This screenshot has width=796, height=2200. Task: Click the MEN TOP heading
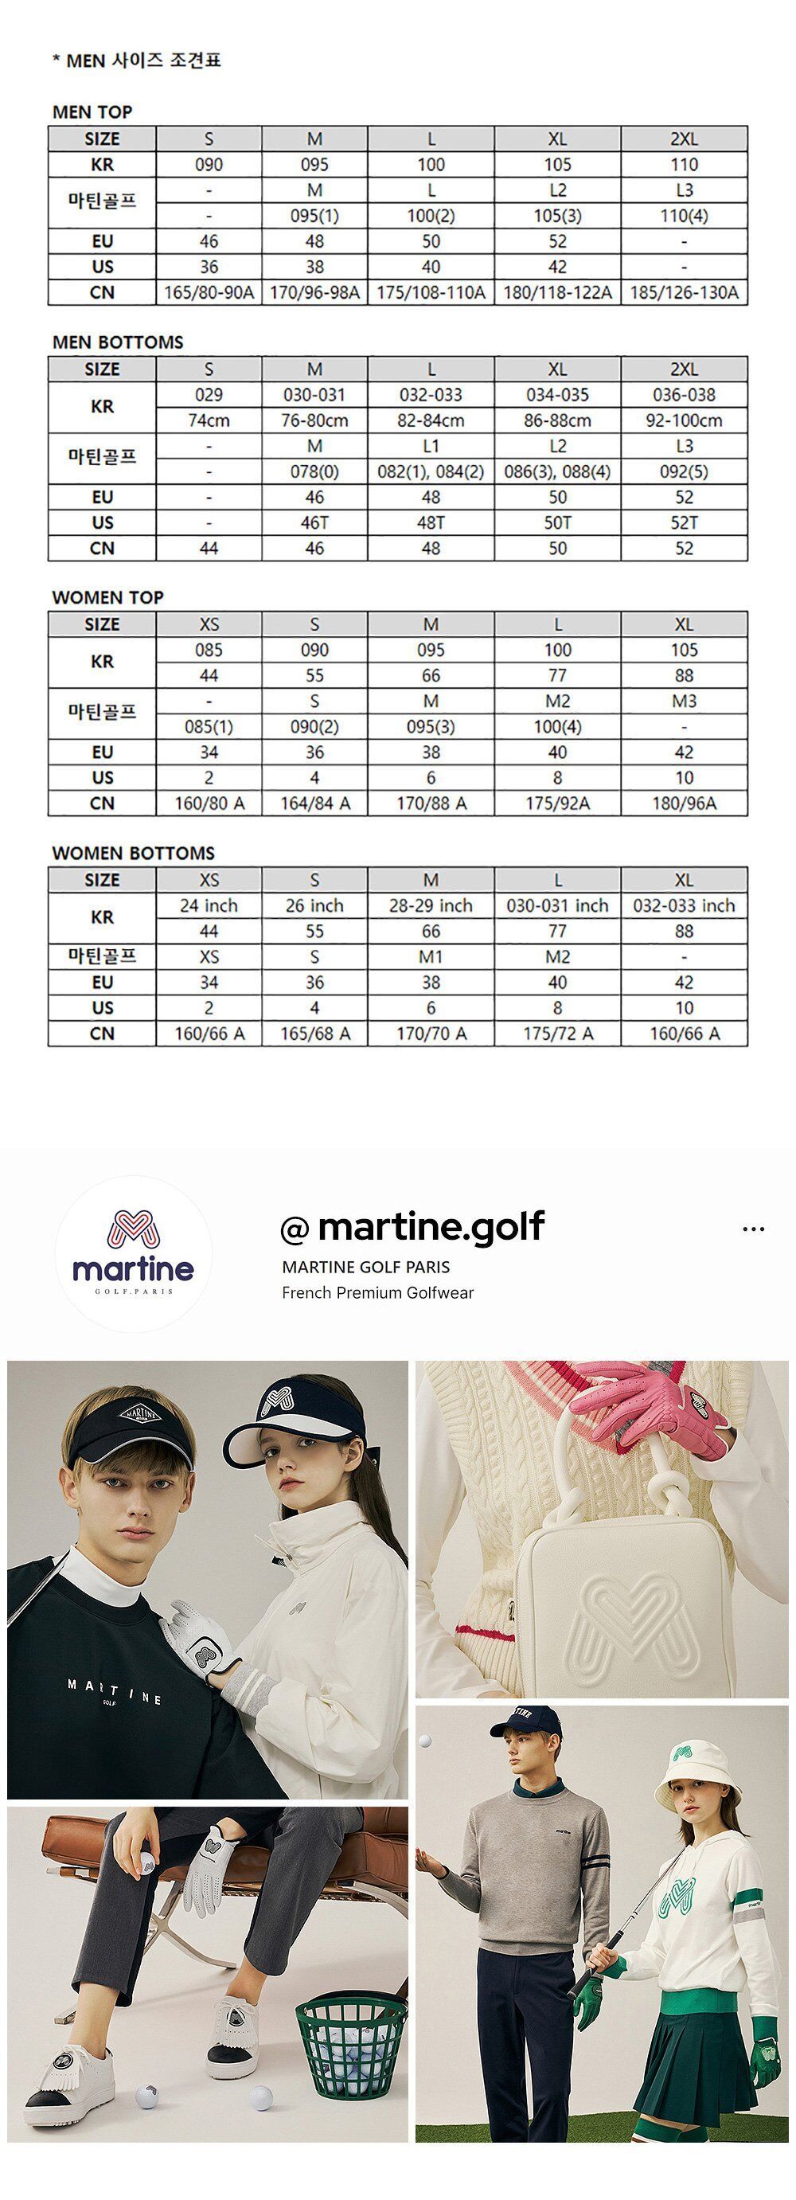tap(92, 112)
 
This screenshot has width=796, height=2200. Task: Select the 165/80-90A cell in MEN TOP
tap(209, 292)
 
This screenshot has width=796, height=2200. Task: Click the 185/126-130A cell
tap(683, 292)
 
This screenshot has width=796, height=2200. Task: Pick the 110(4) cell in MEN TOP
tap(683, 215)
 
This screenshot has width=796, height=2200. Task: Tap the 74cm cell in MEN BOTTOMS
tap(209, 420)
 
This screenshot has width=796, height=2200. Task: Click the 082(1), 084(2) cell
tap(431, 471)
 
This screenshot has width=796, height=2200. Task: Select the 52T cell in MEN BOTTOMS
tap(683, 522)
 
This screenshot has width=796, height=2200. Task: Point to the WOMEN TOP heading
tap(107, 597)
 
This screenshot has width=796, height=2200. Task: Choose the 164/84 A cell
tap(314, 803)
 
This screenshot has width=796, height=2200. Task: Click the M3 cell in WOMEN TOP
tap(683, 701)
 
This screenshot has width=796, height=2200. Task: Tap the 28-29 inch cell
tap(431, 905)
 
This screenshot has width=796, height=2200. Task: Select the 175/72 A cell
tap(557, 1034)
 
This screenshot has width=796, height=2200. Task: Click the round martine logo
tap(133, 1254)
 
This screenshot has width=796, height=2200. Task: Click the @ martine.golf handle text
tap(412, 1227)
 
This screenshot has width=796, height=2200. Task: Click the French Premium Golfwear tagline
tap(377, 1292)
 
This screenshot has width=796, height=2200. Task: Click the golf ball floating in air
tap(424, 1741)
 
